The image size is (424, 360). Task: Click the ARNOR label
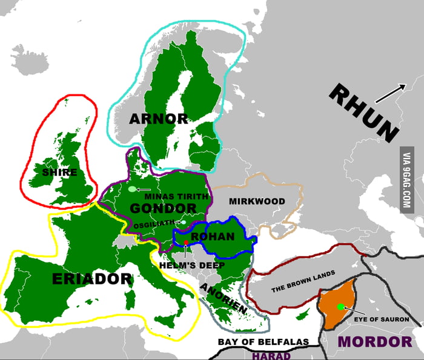(x=159, y=119)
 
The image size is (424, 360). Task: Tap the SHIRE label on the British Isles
(x=60, y=172)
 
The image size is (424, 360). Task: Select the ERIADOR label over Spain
(x=92, y=279)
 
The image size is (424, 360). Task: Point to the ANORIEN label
(x=224, y=298)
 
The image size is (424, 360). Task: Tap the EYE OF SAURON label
(x=382, y=319)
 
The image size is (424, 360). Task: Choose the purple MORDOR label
(x=375, y=342)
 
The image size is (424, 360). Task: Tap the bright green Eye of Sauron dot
(x=341, y=307)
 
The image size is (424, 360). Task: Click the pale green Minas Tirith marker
(x=132, y=189)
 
